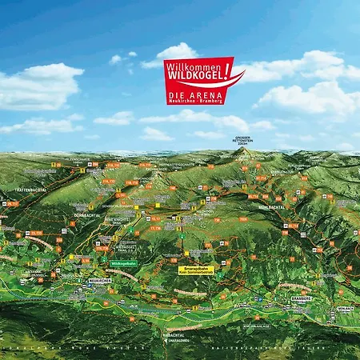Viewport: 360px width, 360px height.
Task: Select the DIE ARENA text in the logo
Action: pyautogui.click(x=192, y=94)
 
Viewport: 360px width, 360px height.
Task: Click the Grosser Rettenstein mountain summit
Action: pyautogui.click(x=242, y=150)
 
